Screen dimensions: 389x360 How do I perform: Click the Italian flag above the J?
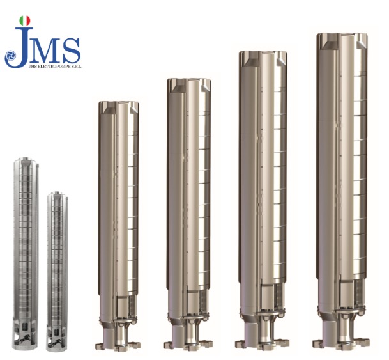(25, 21)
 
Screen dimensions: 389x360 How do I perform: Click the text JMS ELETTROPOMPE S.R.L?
(56, 67)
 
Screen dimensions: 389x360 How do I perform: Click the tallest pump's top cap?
(342, 40)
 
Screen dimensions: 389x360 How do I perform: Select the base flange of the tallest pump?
(341, 344)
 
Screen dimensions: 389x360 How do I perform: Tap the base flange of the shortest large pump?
(118, 345)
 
